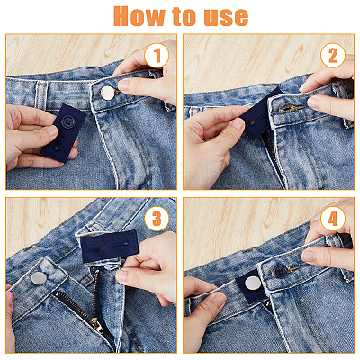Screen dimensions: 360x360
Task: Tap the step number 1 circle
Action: [x=157, y=56]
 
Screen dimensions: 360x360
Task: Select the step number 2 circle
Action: [x=333, y=56]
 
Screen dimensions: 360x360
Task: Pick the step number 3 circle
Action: [x=157, y=219]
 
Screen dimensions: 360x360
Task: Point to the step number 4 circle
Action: [x=333, y=219]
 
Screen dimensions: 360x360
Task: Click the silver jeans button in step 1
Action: [x=108, y=93]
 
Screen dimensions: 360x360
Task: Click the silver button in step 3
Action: [x=39, y=278]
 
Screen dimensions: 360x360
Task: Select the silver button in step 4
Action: [x=253, y=283]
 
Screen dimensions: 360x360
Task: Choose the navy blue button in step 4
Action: [x=281, y=271]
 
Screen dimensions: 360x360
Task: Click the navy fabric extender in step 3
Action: [x=110, y=247]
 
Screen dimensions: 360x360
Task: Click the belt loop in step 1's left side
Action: [x=41, y=95]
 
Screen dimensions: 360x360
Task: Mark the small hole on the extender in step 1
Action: [x=57, y=148]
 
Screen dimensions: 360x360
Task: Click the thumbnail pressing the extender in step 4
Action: [x=220, y=299]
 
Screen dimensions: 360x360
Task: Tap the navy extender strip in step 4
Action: [x=251, y=286]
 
